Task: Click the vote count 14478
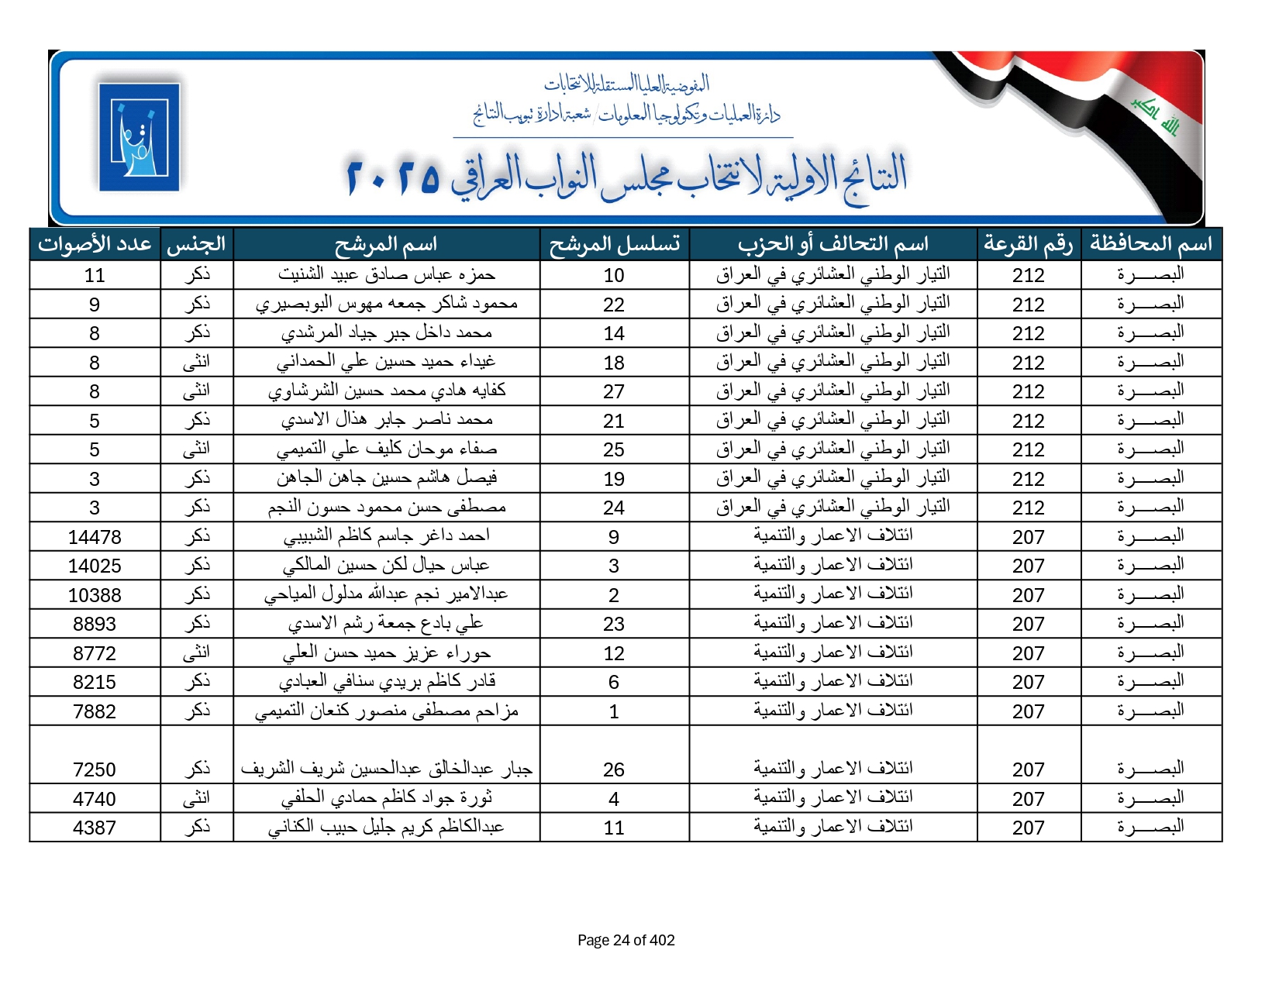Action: point(95,537)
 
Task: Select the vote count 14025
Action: point(95,566)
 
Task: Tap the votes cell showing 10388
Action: point(95,595)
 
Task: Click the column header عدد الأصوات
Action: point(95,244)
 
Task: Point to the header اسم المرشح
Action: point(386,244)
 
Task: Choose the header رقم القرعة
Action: point(1028,244)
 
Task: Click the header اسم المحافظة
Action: point(1151,244)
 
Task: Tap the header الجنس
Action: point(196,244)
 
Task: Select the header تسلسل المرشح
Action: point(614,244)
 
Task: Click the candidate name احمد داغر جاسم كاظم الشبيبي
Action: point(386,536)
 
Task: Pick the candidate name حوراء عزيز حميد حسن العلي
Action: point(386,653)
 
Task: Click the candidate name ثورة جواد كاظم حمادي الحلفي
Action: point(386,798)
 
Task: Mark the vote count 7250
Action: point(95,769)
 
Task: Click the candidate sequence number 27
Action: point(614,392)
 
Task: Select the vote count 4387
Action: point(95,828)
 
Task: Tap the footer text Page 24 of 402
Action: point(626,940)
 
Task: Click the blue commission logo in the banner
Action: point(140,137)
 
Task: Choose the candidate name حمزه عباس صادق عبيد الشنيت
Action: point(386,274)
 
